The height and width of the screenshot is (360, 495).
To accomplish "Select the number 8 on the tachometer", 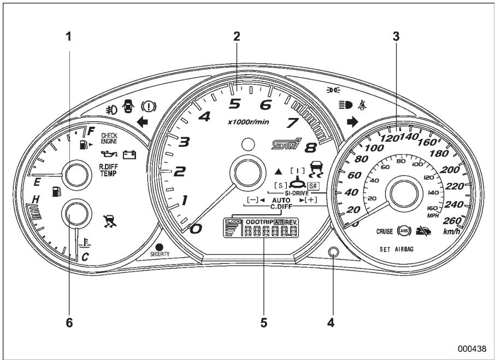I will (x=310, y=148).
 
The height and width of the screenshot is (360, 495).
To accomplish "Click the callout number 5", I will (x=264, y=322).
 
